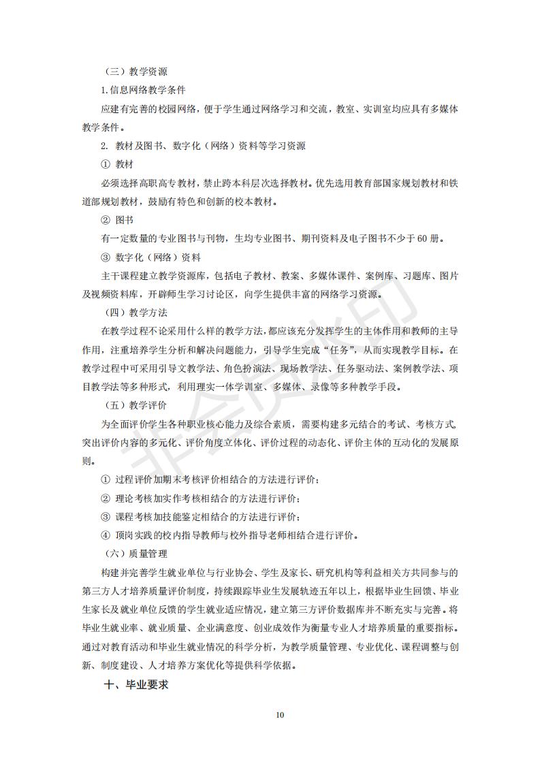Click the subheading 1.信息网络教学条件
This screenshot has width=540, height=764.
point(143,90)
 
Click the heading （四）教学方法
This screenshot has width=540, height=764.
point(137,313)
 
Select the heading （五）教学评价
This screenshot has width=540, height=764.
point(137,405)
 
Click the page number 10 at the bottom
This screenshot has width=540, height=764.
point(279,715)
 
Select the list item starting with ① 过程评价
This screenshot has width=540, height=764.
point(210,479)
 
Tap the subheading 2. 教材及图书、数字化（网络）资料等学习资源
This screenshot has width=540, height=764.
point(203,146)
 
